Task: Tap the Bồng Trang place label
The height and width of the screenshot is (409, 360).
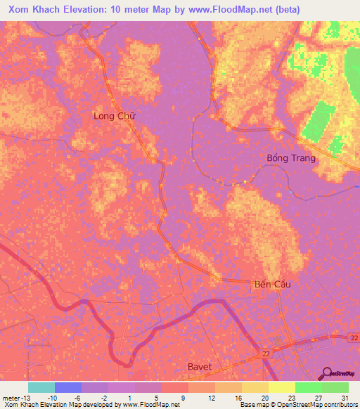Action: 291,158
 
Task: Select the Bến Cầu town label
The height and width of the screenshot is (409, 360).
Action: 271,285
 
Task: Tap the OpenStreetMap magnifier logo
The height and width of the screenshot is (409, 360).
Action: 328,373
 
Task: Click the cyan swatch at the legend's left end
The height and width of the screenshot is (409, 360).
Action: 41,387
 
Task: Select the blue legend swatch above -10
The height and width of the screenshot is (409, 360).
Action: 68,387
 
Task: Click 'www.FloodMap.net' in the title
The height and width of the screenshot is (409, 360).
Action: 229,10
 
